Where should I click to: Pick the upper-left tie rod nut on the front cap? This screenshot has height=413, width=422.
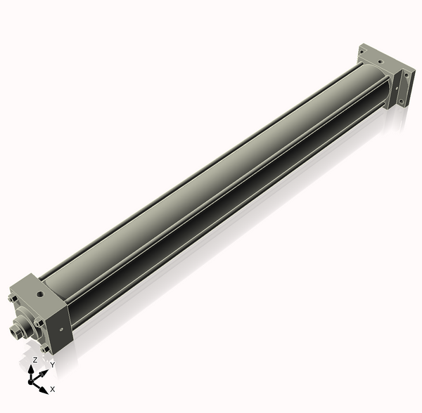coord(13,301)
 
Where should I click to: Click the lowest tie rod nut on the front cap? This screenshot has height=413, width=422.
coord(44,348)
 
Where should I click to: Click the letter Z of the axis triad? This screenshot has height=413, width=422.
coord(34,360)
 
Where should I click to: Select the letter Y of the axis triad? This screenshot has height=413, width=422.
coord(52,365)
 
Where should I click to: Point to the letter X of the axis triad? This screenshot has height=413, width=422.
coord(53,388)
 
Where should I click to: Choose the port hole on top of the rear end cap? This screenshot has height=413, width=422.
coord(381,61)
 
